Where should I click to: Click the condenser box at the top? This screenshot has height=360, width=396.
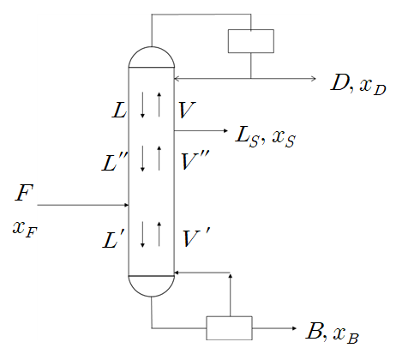pyautogui.click(x=250, y=41)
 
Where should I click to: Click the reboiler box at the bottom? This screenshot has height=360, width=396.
pyautogui.click(x=229, y=328)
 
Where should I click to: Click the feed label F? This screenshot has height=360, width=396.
pyautogui.click(x=24, y=193)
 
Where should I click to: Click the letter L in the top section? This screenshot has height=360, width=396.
pyautogui.click(x=119, y=110)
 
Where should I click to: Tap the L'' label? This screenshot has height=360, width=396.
pyautogui.click(x=116, y=160)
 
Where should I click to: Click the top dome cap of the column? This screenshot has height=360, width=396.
pyautogui.click(x=151, y=57)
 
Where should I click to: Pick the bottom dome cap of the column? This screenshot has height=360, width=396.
pyautogui.click(x=151, y=285)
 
